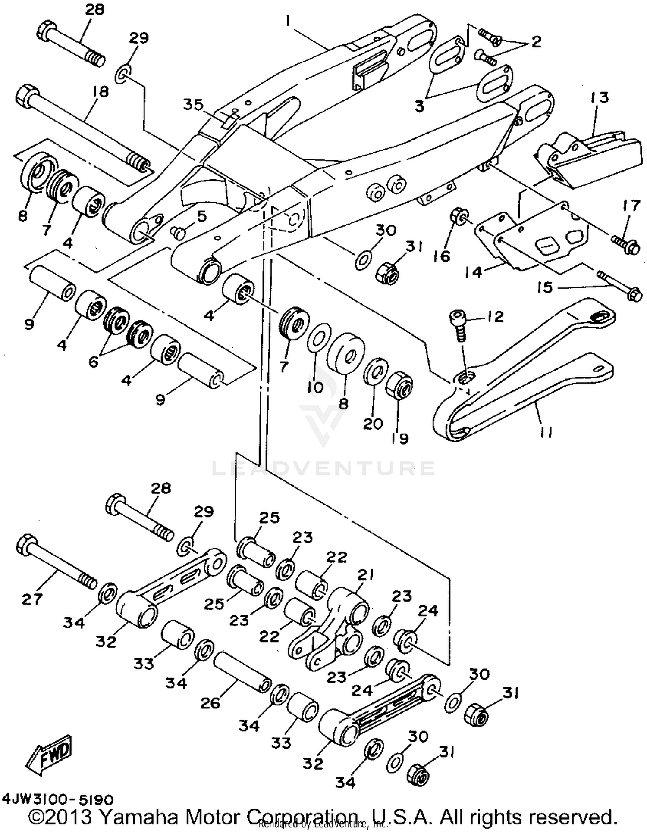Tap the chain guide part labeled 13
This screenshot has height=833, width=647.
587,159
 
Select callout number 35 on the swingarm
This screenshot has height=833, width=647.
193,104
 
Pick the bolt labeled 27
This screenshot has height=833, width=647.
56,565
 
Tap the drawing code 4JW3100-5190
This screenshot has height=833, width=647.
58,800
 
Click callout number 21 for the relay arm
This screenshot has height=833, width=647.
365,574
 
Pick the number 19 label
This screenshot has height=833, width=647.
400,438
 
